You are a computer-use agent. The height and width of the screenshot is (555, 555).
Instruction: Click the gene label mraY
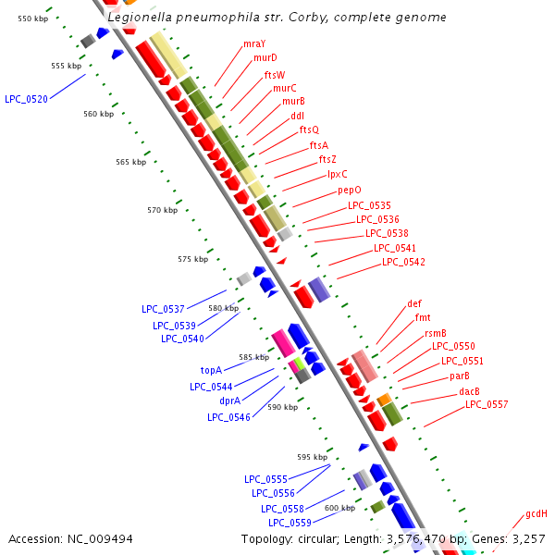point(253,43)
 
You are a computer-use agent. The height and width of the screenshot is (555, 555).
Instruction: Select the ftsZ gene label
point(327,159)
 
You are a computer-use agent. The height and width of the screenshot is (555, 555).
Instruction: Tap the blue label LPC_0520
point(26,98)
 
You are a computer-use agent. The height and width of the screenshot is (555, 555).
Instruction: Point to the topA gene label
point(211,370)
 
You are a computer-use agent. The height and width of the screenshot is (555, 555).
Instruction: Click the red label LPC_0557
point(487,404)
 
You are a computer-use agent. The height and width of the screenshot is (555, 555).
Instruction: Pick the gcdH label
point(536,513)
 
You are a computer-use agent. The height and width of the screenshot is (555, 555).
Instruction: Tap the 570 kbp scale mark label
point(163,210)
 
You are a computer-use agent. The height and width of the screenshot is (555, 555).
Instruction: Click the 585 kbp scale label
point(253,357)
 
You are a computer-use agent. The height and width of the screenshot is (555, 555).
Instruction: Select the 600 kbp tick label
point(339,508)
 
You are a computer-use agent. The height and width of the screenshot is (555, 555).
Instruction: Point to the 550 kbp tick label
point(33,18)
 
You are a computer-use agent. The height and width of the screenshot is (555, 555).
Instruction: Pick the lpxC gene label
point(337,174)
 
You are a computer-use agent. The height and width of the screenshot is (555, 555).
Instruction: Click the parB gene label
point(460,376)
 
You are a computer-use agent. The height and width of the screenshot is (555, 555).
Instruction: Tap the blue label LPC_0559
point(289,524)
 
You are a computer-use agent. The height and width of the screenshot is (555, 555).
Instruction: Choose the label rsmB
point(436,333)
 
